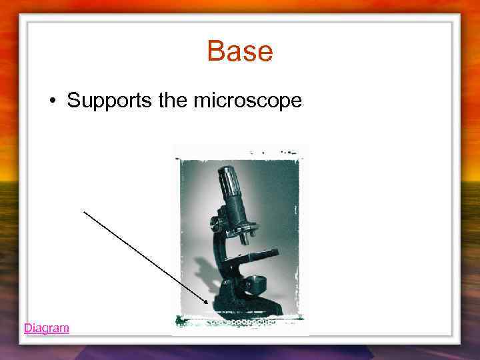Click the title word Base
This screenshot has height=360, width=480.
240,51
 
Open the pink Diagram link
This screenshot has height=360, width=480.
46,328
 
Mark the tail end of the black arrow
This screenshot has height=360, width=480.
84,212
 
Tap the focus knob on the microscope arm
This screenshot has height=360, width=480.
217,223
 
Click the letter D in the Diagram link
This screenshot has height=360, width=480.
27,328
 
